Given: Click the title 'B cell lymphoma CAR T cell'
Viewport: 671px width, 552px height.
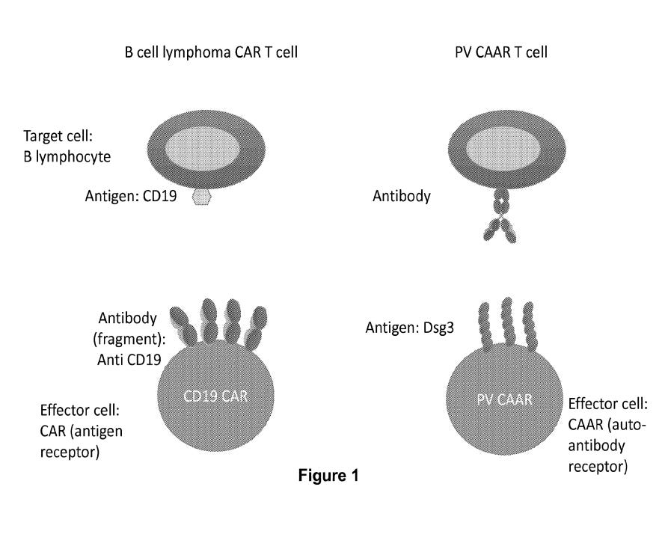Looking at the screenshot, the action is coord(211,52).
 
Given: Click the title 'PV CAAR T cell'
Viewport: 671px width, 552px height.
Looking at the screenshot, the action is coord(501,52).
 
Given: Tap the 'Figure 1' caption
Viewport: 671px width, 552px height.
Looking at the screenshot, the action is coord(328,476).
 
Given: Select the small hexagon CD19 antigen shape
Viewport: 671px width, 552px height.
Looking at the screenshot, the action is coord(201,197).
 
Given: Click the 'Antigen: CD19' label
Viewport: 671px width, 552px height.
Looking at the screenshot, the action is coord(130,196).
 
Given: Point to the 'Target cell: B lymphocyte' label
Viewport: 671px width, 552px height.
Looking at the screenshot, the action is coord(67,147).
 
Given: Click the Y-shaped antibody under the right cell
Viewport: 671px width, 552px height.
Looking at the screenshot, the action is coord(500,216).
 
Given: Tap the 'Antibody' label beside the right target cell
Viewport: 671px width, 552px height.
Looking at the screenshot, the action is coord(402,197).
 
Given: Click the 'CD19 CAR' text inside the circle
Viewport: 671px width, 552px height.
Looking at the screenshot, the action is coord(215,396).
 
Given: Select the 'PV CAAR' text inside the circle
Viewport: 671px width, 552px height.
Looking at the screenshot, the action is coord(504,399).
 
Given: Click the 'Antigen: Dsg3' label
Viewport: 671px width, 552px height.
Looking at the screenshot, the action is coord(409,328).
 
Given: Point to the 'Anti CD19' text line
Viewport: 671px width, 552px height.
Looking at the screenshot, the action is coord(129,360).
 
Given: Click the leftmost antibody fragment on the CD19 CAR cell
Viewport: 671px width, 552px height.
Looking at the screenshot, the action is coord(184,326).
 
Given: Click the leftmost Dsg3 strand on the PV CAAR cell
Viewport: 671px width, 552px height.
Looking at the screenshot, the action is coord(485,326).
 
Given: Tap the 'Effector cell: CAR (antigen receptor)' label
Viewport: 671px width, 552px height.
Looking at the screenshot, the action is coord(82,431).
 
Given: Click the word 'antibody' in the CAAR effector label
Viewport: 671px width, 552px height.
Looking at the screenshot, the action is coord(596,446).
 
